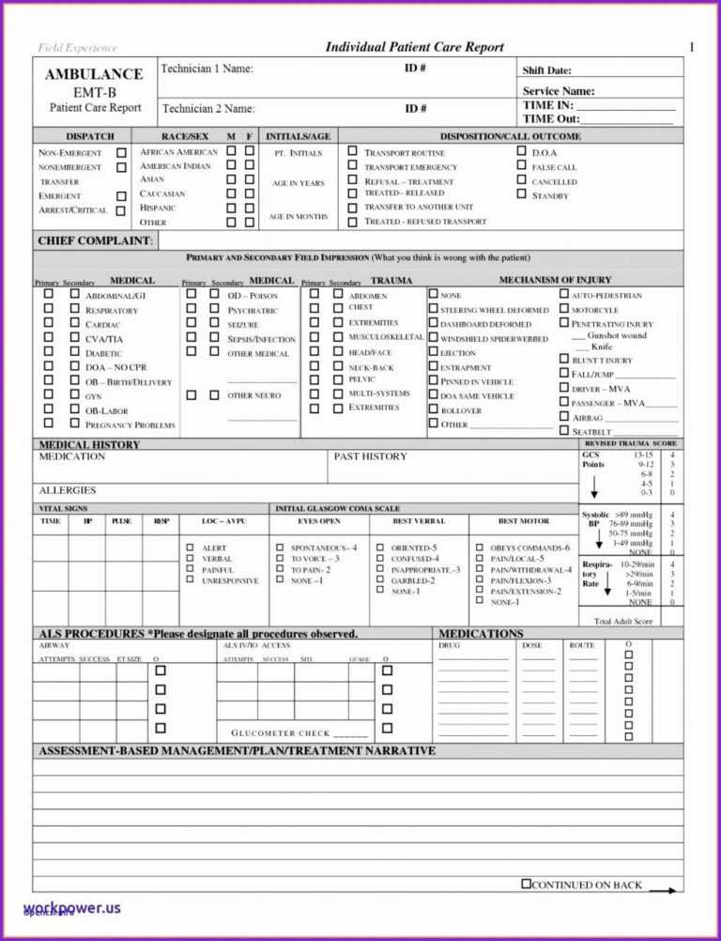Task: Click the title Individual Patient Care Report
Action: coord(414,47)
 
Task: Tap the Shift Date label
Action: coord(546,70)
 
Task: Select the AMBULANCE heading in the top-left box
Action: coord(94,74)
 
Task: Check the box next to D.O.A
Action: coord(522,151)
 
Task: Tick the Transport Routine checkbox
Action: coord(352,151)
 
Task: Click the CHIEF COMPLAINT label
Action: coord(94,241)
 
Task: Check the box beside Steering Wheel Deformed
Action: coord(433,309)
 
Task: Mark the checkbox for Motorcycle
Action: coord(564,309)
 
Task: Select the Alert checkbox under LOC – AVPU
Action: coord(189,548)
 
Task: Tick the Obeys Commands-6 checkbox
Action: coord(479,548)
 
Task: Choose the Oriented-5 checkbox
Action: coord(380,548)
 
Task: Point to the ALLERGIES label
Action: coord(68,491)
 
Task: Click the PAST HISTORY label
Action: coord(370,456)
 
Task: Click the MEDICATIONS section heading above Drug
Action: coord(481,634)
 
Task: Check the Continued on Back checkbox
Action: coord(526,884)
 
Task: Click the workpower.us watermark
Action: coord(73,908)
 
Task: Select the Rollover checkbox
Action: coord(433,409)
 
